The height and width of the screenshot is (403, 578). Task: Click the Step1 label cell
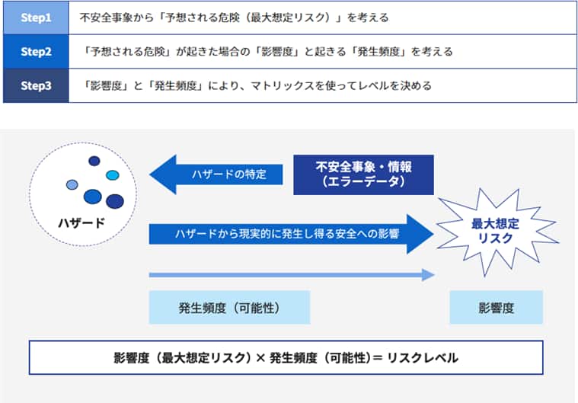point(36,17)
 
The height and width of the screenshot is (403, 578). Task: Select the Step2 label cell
point(36,51)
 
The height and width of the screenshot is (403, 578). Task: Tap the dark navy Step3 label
point(36,85)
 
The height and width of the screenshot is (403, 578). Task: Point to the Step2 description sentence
point(270,51)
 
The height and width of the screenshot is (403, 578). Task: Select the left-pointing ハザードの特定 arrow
point(217,174)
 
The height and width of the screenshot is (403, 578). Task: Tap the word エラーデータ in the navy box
point(363,182)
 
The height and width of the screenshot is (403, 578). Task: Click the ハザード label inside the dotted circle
point(81,222)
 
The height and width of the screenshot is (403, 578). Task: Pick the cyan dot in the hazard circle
point(113,175)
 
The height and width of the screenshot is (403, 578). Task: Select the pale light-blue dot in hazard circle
point(72,184)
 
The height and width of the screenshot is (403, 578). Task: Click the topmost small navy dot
point(94,161)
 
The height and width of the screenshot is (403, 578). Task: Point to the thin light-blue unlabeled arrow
point(289,275)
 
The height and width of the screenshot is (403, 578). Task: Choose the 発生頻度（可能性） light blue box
point(229,308)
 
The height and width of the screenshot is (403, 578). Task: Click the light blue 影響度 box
point(496,308)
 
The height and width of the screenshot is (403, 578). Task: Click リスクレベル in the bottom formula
point(423,357)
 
